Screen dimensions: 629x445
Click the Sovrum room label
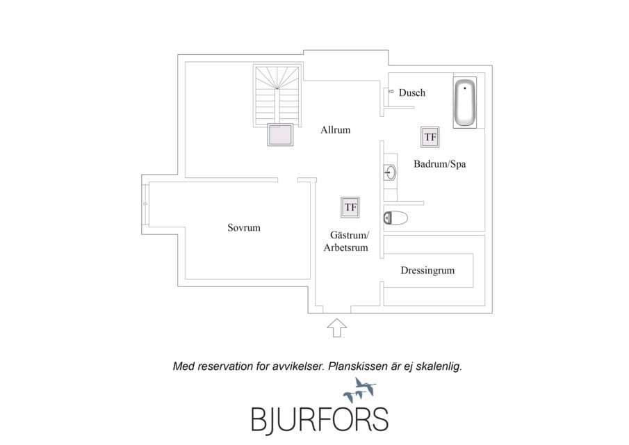[x=244, y=228]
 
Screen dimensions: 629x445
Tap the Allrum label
[x=336, y=130]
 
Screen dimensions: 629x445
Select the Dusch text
[x=412, y=92]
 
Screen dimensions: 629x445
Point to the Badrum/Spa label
[x=440, y=163]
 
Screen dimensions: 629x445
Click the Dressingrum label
[x=427, y=270]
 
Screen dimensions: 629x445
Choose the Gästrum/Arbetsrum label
[x=346, y=241]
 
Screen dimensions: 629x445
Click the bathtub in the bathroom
[x=465, y=103]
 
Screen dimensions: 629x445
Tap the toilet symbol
[x=395, y=218]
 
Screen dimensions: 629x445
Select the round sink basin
[x=390, y=172]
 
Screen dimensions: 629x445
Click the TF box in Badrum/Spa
[x=430, y=137]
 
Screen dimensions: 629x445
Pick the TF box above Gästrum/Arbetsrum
[x=350, y=207]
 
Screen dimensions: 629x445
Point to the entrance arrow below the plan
[x=337, y=327]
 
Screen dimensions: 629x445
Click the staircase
[x=277, y=95]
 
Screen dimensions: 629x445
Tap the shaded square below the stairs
[x=280, y=134]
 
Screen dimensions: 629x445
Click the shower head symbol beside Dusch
[x=391, y=92]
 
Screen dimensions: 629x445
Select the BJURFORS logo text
[x=320, y=420]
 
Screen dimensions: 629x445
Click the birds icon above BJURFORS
[x=360, y=389]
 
